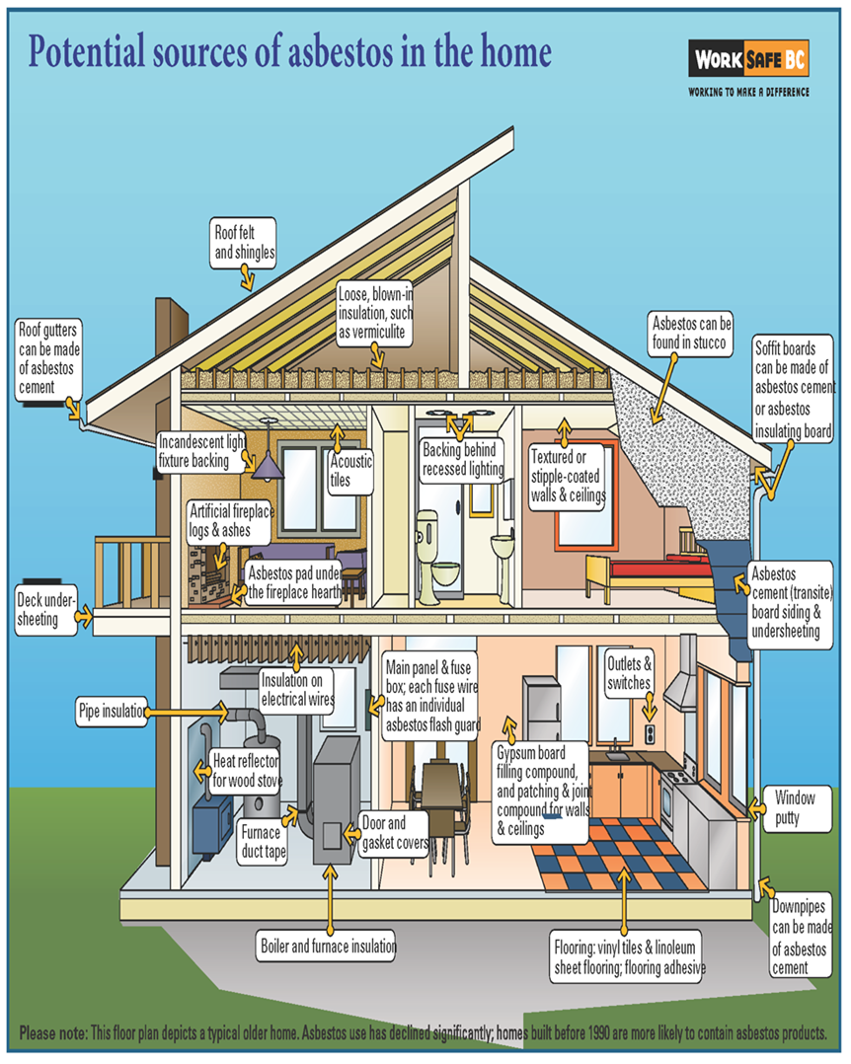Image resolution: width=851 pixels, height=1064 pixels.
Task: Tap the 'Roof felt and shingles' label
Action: point(244,242)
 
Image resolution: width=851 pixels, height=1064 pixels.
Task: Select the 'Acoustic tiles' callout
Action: point(350,471)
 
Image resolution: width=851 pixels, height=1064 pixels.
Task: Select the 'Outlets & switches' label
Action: point(629,673)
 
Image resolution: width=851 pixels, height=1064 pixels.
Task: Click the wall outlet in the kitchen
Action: point(650,733)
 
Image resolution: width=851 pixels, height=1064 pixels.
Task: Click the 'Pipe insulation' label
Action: point(112,711)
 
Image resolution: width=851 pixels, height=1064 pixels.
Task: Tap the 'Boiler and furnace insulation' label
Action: point(328,946)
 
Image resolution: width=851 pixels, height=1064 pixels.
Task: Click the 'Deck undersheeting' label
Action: point(46,609)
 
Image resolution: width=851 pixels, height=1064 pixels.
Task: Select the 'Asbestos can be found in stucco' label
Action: point(690,334)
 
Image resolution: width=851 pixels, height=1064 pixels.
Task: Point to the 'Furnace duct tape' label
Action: point(264,841)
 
